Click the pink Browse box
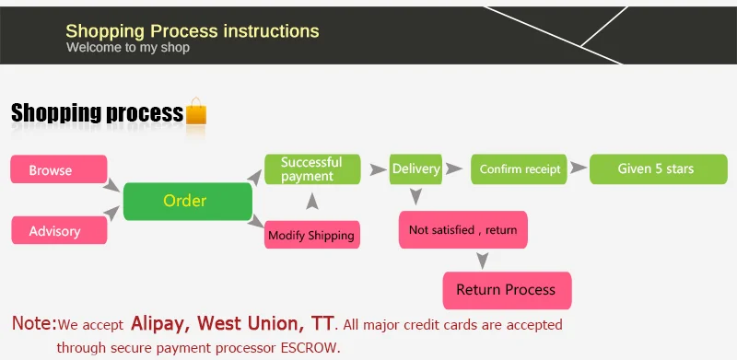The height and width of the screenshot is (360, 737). pyautogui.click(x=59, y=169)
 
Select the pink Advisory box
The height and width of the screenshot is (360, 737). pyautogui.click(x=59, y=230)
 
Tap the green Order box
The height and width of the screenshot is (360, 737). pyautogui.click(x=188, y=201)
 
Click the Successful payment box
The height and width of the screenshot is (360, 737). pyautogui.click(x=312, y=169)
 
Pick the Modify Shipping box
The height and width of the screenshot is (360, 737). pyautogui.click(x=312, y=235)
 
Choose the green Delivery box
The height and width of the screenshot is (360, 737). pyautogui.click(x=416, y=169)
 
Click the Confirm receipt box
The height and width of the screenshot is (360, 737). pyautogui.click(x=519, y=169)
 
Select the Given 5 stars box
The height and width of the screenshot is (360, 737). pyautogui.click(x=659, y=169)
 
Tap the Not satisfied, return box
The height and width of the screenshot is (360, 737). pyautogui.click(x=463, y=230)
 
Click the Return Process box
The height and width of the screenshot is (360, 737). pyautogui.click(x=508, y=290)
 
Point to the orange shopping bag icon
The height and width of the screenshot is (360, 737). pyautogui.click(x=196, y=111)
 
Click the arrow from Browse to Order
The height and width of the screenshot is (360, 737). pyautogui.click(x=111, y=185)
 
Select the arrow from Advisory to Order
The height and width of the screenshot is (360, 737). pyautogui.click(x=111, y=213)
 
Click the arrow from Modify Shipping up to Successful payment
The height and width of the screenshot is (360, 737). pyautogui.click(x=312, y=201)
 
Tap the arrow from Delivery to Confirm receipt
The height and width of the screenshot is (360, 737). pyautogui.click(x=454, y=168)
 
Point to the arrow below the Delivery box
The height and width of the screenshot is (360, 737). pyautogui.click(x=415, y=196)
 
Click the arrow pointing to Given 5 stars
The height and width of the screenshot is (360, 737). pyautogui.click(x=579, y=168)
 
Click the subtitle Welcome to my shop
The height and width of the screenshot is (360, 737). pyautogui.click(x=128, y=48)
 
